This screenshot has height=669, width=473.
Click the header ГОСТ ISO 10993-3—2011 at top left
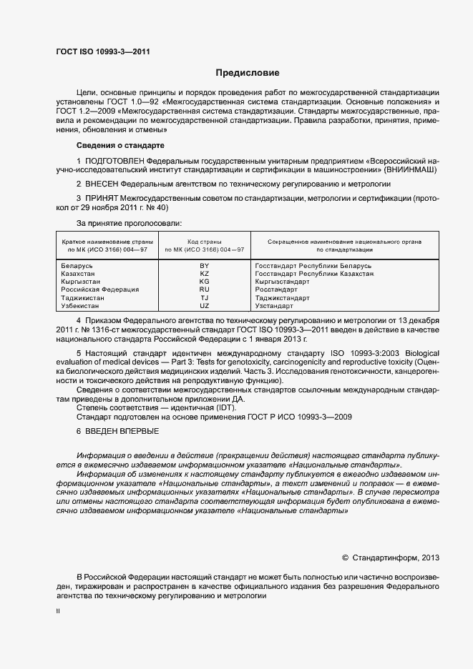pos(103,51)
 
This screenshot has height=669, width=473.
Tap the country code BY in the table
pos(204,266)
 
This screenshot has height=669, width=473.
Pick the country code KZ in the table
pos(204,274)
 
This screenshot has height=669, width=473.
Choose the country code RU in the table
pos(204,289)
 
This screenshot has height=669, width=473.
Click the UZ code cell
pos(204,305)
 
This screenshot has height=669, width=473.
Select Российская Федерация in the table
pos(94,289)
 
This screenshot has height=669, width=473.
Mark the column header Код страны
pos(204,242)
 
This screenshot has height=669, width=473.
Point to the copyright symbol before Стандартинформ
pos(345,557)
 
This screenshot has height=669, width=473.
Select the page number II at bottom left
pos(58,611)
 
